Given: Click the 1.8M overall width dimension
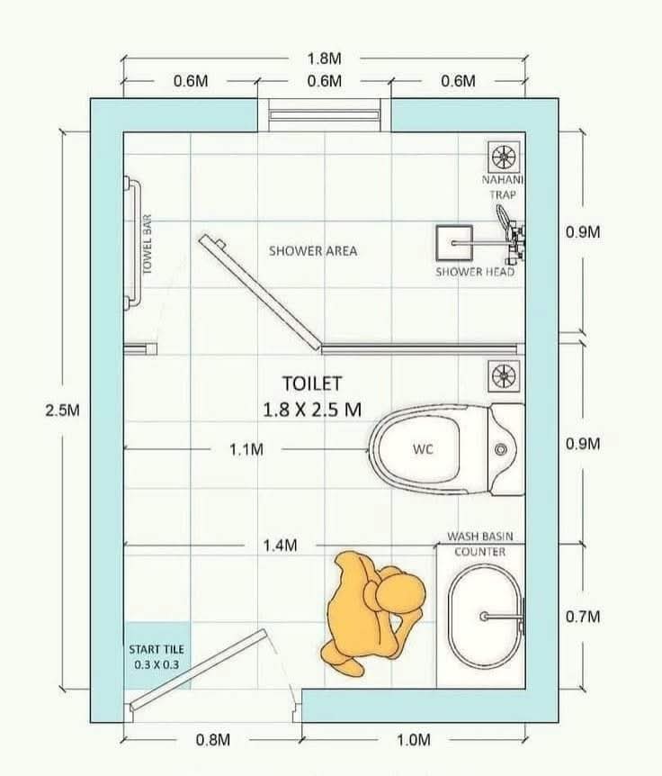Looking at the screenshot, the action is (x=325, y=59).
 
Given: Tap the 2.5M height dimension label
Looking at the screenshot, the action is (x=63, y=411).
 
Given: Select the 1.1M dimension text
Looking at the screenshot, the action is (x=246, y=449).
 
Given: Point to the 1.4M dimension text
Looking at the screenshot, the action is (x=280, y=546).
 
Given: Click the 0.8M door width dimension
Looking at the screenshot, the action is (x=213, y=740).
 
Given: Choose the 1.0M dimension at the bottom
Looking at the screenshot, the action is (x=414, y=740).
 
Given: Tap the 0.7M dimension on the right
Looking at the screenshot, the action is (x=583, y=617).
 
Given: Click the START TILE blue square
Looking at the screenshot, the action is (x=157, y=655).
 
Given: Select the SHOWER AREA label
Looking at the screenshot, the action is (x=313, y=251).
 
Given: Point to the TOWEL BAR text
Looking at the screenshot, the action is (x=147, y=244).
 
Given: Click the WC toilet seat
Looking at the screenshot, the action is (x=423, y=449).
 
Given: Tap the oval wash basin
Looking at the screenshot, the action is (x=485, y=616).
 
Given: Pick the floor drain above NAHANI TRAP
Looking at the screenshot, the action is (x=504, y=158).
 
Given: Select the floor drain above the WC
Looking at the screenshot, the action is (x=504, y=376).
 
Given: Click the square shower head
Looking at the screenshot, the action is (x=454, y=243).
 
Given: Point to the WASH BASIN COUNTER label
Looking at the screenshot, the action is (x=480, y=544).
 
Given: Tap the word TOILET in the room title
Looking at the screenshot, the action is (x=312, y=384).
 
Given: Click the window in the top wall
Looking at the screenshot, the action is (x=325, y=115).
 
